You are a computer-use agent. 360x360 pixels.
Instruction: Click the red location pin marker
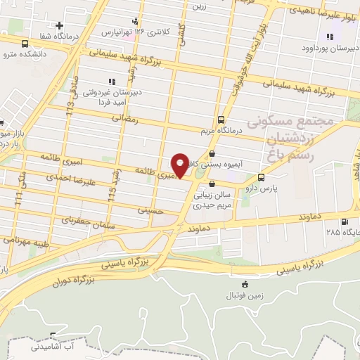click(181, 165)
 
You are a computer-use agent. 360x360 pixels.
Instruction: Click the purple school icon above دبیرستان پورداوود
click(328, 37)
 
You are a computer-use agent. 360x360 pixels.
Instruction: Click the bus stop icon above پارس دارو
click(261, 176)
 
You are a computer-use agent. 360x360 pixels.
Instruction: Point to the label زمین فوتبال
click(244, 295)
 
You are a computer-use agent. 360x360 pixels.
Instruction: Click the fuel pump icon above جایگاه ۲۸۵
click(344, 221)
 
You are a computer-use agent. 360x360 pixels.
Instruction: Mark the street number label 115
click(111, 191)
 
